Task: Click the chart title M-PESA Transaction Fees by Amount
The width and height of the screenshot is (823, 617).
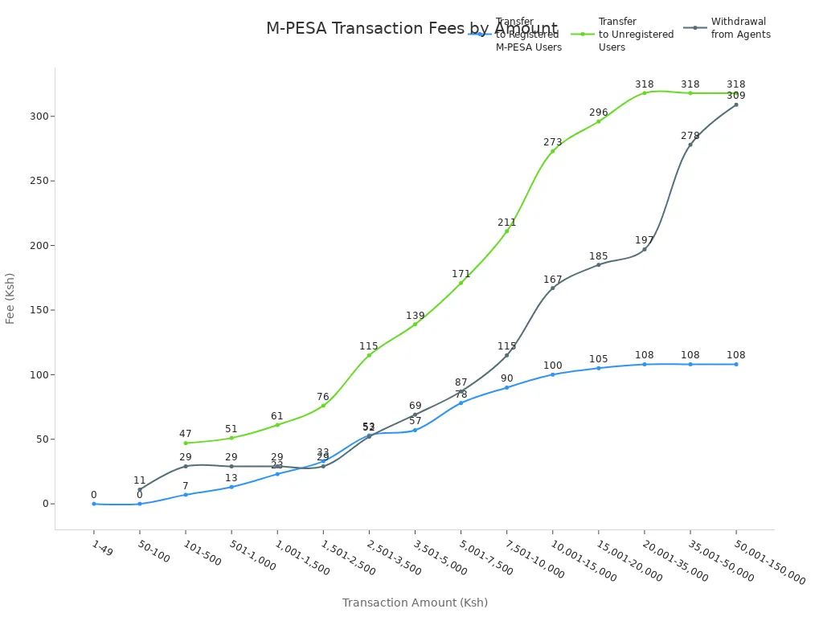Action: click(411, 29)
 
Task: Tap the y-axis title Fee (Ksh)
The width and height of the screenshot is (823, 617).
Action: click(10, 298)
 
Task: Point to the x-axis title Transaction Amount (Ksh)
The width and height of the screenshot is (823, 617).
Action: click(415, 603)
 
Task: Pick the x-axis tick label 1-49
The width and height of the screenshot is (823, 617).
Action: click(101, 549)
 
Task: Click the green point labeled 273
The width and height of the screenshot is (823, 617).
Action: click(553, 151)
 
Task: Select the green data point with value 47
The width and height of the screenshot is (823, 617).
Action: click(186, 443)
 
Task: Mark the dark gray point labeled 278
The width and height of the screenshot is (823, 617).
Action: click(690, 145)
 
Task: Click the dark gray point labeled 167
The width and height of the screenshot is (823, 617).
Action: click(553, 288)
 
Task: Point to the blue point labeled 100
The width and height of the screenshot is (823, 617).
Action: click(553, 374)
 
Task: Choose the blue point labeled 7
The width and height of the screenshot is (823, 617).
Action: click(186, 495)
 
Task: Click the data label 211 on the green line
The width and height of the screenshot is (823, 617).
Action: click(507, 223)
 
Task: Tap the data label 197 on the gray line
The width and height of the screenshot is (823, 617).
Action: click(645, 240)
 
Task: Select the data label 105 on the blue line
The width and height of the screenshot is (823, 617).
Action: click(599, 359)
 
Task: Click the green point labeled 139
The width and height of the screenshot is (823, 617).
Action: click(416, 324)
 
